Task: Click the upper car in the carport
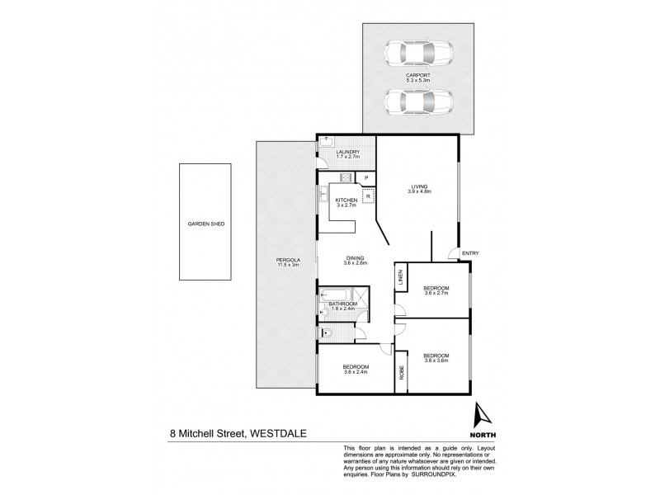(x=418, y=54)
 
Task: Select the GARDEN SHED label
(x=206, y=224)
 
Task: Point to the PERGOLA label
(x=286, y=263)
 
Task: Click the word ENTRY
(x=470, y=253)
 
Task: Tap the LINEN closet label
(x=400, y=281)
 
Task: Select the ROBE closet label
(x=402, y=372)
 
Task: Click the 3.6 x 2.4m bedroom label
(x=356, y=369)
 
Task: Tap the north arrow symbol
(x=483, y=413)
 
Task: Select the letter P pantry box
(x=365, y=177)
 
